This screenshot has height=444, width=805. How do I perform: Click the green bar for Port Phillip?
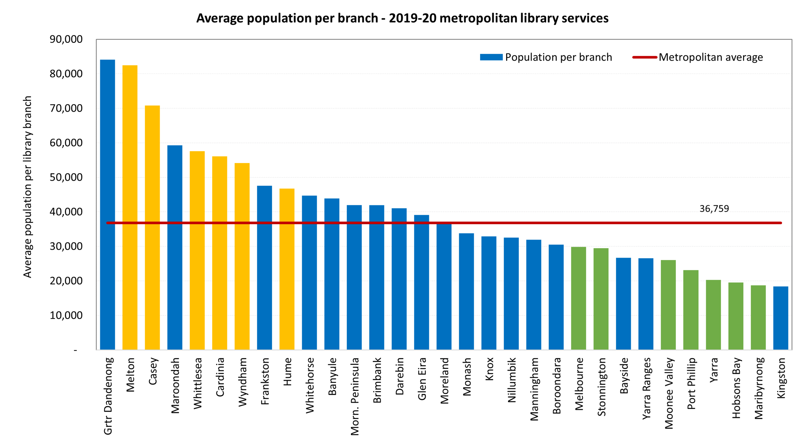pyautogui.click(x=691, y=310)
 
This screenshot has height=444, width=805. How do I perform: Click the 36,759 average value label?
pyautogui.click(x=714, y=209)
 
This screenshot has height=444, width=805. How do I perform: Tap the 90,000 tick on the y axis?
pyautogui.click(x=66, y=39)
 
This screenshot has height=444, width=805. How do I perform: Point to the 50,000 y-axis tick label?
pyautogui.click(x=66, y=177)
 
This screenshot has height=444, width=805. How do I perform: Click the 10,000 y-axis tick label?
pyautogui.click(x=66, y=315)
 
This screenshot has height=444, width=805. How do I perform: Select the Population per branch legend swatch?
pyautogui.click(x=491, y=57)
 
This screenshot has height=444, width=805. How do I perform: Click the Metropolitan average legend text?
pyautogui.click(x=711, y=57)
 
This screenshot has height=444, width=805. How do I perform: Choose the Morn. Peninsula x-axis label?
pyautogui.click(x=355, y=397)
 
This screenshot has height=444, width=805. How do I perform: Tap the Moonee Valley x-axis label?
pyautogui.click(x=669, y=393)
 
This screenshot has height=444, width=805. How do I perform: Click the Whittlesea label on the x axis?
pyautogui.click(x=197, y=383)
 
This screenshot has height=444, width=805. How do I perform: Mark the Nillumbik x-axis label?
pyautogui.click(x=512, y=380)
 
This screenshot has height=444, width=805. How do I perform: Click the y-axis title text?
pyautogui.click(x=28, y=187)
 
